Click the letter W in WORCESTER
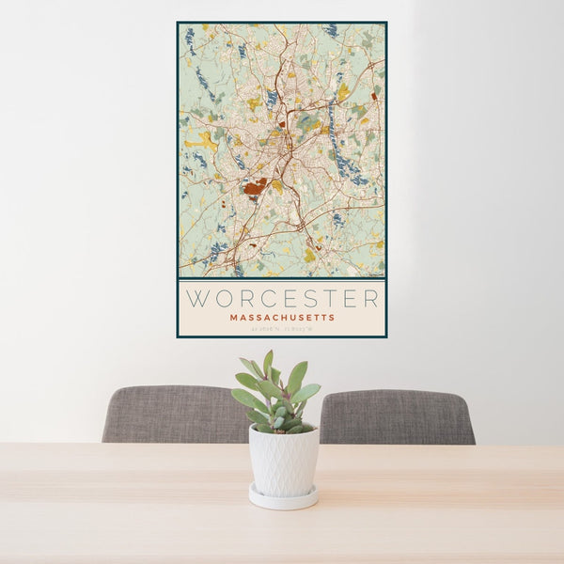pos(197,299)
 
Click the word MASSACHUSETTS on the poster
pos(282,318)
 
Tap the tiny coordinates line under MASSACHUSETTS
pos(282,329)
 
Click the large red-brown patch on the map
pos(253,188)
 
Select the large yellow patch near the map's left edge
pos(204,140)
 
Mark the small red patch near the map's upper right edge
pos(374,95)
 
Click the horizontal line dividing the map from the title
pos(282,279)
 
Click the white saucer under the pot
pos(283,498)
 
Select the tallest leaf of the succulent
pos(268,365)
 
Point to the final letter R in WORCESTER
pos(372,299)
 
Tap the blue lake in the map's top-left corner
pos(190,38)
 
